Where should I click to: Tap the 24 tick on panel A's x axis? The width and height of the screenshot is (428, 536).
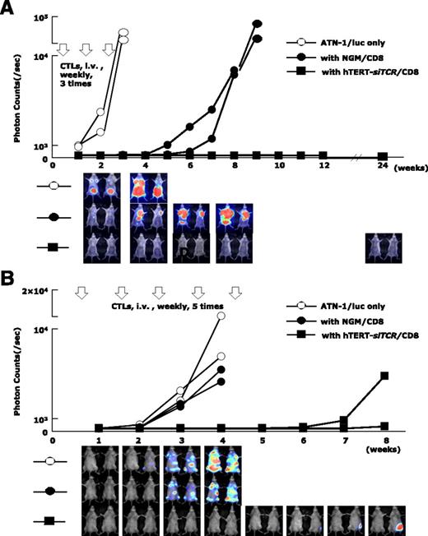[384, 166]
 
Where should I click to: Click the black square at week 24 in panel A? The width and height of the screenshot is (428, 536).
[384, 156]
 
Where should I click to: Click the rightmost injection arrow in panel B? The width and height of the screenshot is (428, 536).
[235, 293]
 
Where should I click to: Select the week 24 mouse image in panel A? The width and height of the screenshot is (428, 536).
[384, 247]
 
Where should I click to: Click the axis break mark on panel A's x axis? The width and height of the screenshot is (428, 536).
[356, 156]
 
